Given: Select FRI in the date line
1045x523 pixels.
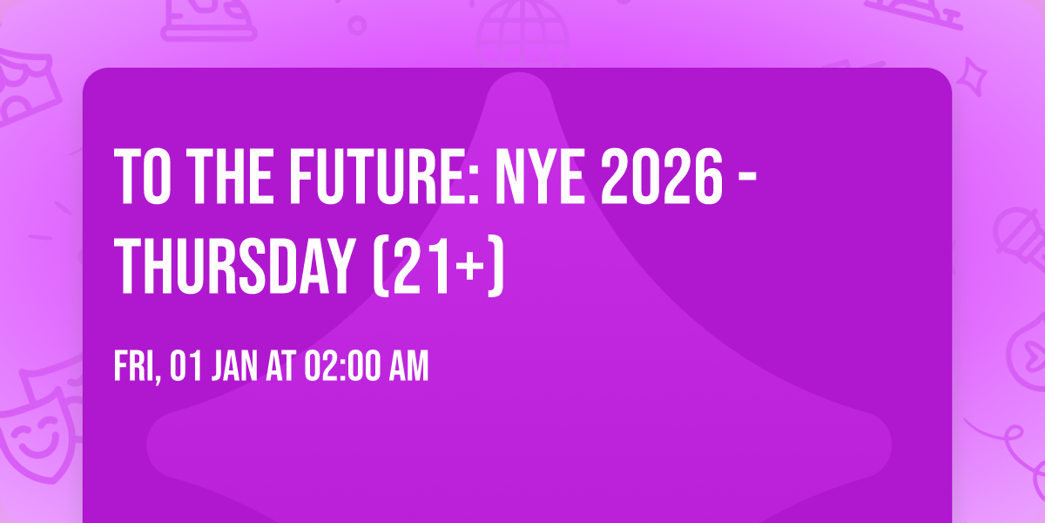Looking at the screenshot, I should [x=135, y=367].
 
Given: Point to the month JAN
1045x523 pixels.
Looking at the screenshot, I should [x=233, y=367].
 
